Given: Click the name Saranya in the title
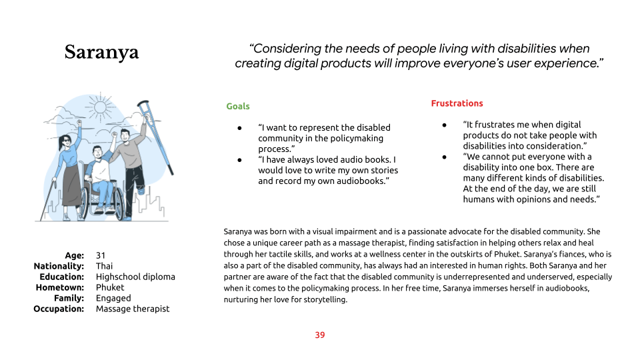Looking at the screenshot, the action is pyautogui.click(x=101, y=53).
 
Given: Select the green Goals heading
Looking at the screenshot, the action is pyautogui.click(x=238, y=106).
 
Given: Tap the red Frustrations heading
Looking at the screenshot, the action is pyautogui.click(x=457, y=103).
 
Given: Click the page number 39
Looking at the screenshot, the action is pyautogui.click(x=320, y=335).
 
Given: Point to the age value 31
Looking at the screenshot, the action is pyautogui.click(x=101, y=255).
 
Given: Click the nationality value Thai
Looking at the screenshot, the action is pyautogui.click(x=104, y=266).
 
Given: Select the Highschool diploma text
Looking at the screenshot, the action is pyautogui.click(x=135, y=277).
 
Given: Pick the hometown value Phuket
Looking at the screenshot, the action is pyautogui.click(x=110, y=287).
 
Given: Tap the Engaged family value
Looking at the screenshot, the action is pyautogui.click(x=113, y=299).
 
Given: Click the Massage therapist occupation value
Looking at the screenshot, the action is pyautogui.click(x=133, y=309).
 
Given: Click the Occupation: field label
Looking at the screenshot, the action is pyautogui.click(x=59, y=309).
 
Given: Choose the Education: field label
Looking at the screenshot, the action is pyautogui.click(x=61, y=277).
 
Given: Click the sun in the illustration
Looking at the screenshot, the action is pyautogui.click(x=99, y=107).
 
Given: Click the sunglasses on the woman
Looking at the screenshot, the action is pyautogui.click(x=65, y=141).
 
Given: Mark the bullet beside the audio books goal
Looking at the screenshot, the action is pyautogui.click(x=239, y=160).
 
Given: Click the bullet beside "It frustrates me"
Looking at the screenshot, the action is pyautogui.click(x=444, y=125).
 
